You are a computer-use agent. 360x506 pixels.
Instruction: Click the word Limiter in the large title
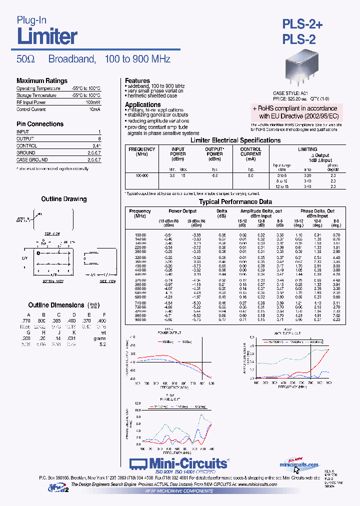click(47, 36)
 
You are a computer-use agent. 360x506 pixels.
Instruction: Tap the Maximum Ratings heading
click(42, 81)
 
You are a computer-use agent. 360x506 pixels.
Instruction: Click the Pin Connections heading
click(40, 124)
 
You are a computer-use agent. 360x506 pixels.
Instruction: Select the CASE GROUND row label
click(32, 159)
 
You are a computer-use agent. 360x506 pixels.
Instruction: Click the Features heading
click(137, 80)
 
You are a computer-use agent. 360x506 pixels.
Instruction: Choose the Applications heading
click(143, 104)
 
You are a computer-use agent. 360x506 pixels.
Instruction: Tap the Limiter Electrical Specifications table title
click(236, 140)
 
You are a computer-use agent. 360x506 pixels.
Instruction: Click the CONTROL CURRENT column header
click(251, 152)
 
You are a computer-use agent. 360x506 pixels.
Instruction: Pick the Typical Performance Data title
click(235, 202)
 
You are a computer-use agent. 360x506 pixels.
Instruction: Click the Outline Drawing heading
click(64, 199)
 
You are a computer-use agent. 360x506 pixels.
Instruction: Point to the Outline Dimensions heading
click(56, 305)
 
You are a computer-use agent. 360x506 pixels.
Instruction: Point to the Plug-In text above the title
click(32, 20)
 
